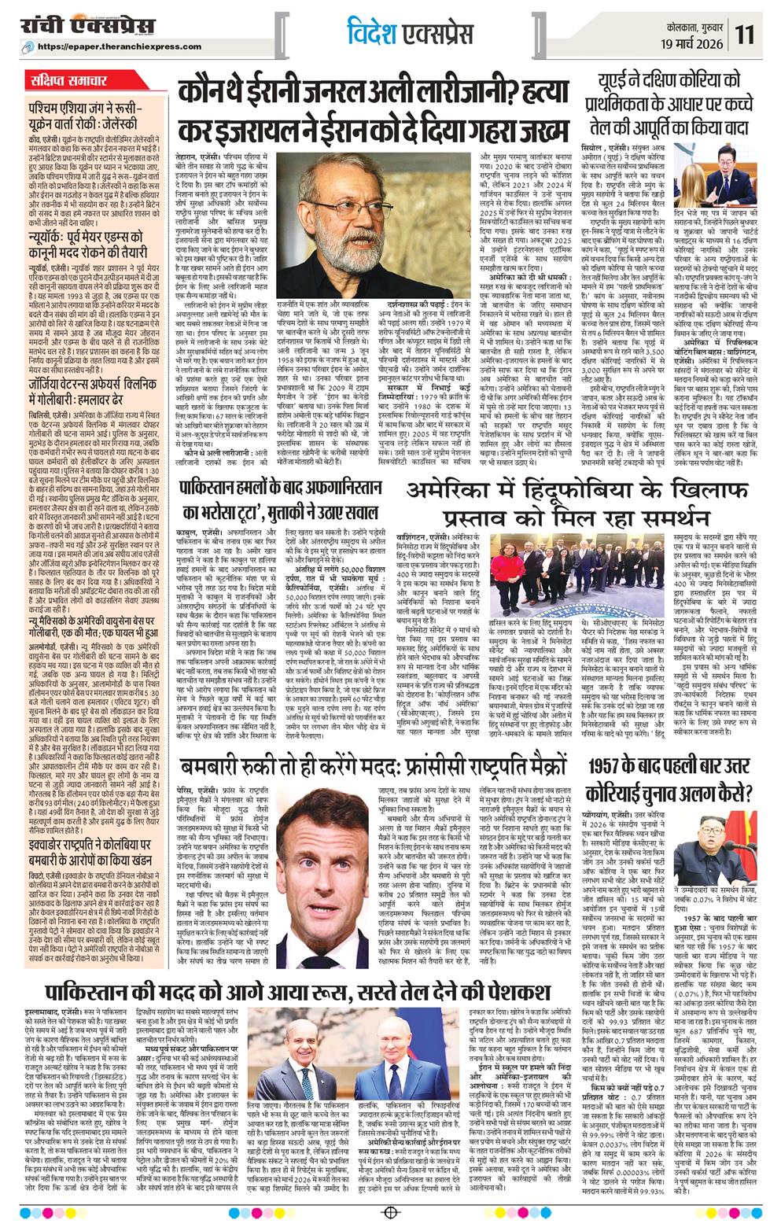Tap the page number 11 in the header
[746, 34]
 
